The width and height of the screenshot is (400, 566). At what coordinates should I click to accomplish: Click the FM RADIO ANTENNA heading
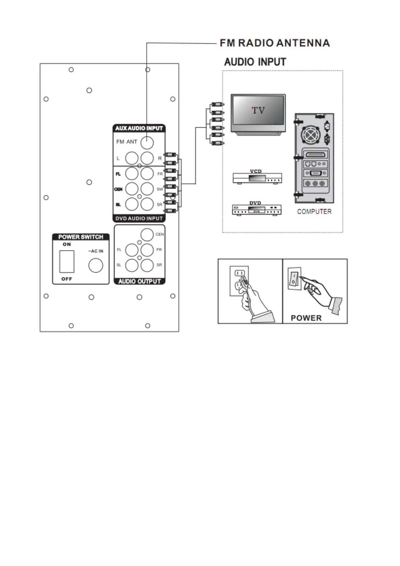click(275, 43)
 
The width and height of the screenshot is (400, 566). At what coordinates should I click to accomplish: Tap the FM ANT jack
click(147, 143)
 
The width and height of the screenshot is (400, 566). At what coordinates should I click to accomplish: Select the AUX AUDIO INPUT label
click(139, 128)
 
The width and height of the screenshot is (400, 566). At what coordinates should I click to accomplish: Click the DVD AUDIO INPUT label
click(139, 218)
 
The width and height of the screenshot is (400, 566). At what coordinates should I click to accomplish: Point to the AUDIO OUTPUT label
click(139, 281)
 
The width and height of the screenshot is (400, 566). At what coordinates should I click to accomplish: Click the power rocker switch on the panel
click(67, 261)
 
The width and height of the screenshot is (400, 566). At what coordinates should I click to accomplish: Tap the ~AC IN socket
click(95, 266)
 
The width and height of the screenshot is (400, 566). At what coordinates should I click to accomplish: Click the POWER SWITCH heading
click(81, 237)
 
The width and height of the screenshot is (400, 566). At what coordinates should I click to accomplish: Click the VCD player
click(257, 178)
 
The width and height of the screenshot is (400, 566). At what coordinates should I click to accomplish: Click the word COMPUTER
click(314, 211)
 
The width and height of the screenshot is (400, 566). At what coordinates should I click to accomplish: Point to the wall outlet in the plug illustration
click(239, 281)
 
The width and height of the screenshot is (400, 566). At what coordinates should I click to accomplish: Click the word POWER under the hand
click(306, 318)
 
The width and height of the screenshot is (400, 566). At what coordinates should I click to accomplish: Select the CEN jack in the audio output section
click(147, 235)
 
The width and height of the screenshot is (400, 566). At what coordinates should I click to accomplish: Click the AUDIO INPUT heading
click(255, 62)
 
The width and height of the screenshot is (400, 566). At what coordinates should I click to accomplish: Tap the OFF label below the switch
click(67, 279)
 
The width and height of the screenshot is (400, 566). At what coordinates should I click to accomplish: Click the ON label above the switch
click(67, 244)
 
